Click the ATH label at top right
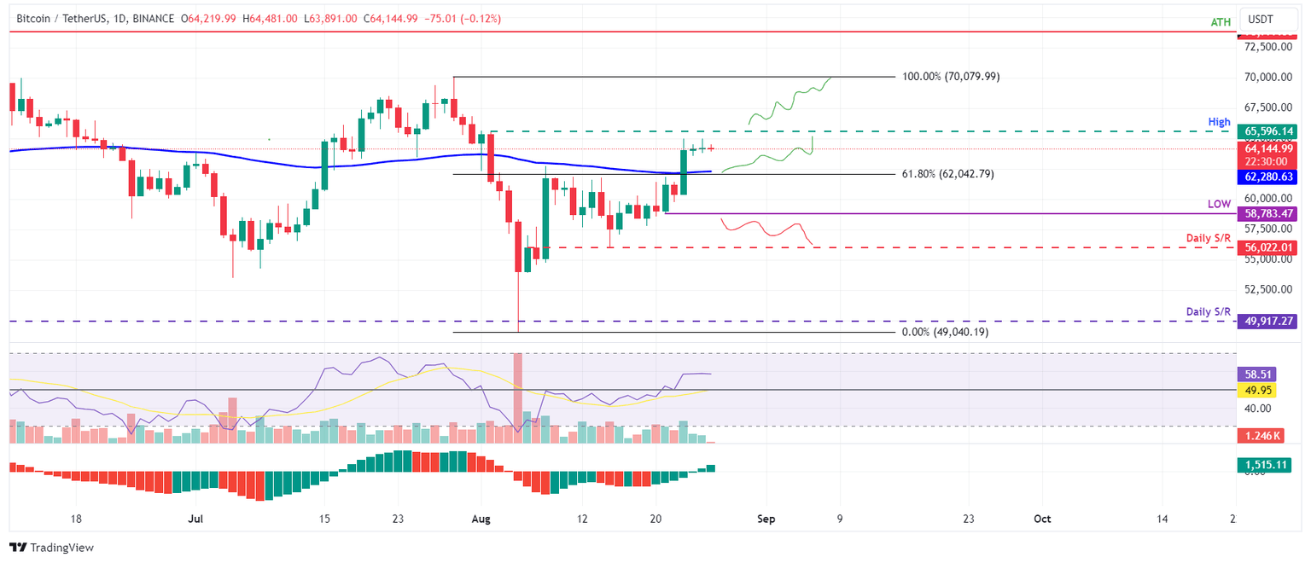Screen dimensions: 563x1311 (1221, 22)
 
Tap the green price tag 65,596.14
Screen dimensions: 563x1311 (1270, 132)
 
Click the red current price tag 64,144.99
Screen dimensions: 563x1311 (1270, 148)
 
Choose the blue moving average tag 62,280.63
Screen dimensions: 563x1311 (1270, 177)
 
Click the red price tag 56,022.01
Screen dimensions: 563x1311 (1270, 247)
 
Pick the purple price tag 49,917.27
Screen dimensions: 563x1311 (1270, 322)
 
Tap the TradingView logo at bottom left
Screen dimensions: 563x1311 (51, 548)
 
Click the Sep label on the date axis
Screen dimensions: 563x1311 (766, 519)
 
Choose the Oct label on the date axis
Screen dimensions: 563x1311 (1042, 519)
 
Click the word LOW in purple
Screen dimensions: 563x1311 (1219, 205)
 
